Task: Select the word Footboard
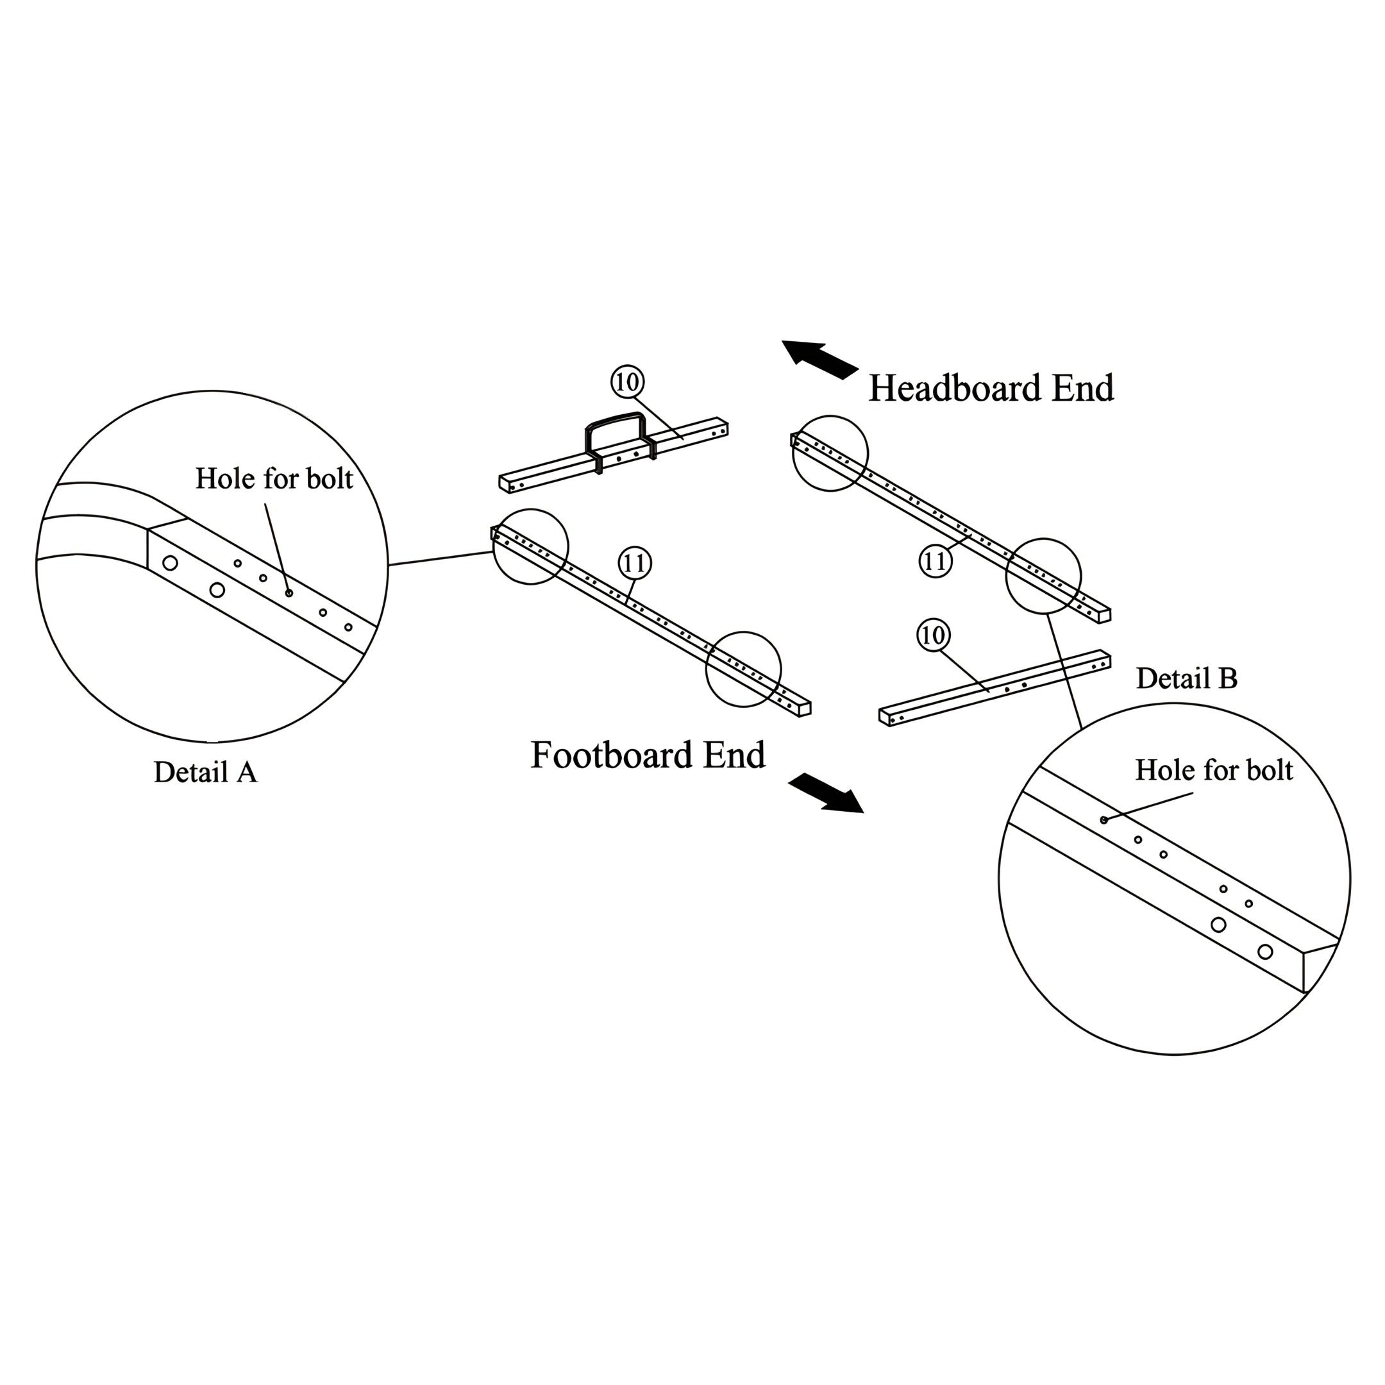[612, 755]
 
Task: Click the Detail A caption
[205, 773]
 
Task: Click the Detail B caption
[1186, 679]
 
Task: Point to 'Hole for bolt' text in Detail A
[274, 479]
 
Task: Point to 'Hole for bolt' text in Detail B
[1214, 771]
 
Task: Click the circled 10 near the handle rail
[627, 382]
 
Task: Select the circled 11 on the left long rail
[634, 564]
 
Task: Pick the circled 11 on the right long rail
[936, 560]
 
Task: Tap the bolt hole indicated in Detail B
[1104, 819]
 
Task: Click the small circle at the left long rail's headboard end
[530, 547]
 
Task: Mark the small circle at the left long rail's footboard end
[743, 669]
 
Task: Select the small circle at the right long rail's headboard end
[830, 453]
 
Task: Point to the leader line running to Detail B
[1064, 671]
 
